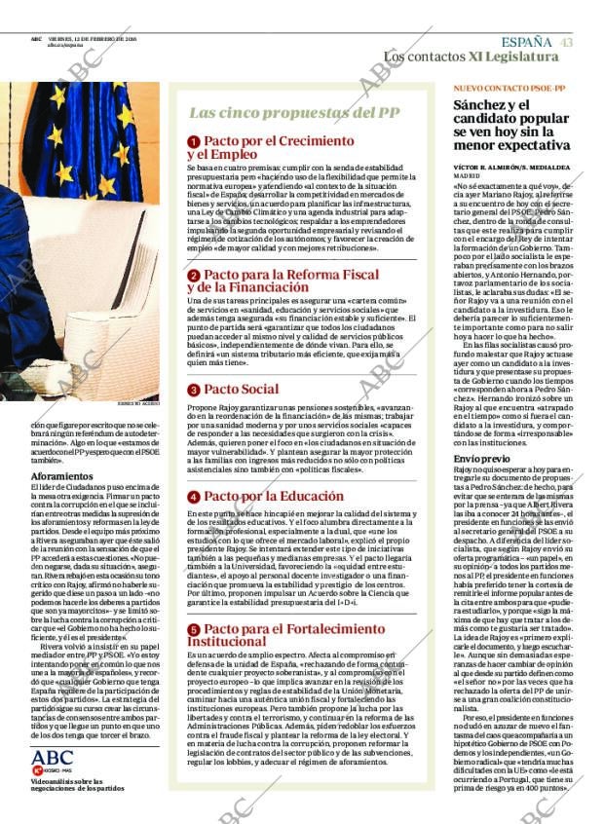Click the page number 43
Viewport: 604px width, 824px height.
pos(566,42)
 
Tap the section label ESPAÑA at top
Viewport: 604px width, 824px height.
pos(527,42)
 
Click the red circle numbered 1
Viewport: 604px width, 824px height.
pos(194,142)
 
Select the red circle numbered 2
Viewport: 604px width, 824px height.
pos(194,276)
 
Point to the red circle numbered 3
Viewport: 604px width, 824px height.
pos(194,390)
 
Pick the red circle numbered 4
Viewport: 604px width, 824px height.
pos(194,497)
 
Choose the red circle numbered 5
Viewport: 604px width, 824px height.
pos(194,630)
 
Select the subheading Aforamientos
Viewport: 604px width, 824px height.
pos(62,476)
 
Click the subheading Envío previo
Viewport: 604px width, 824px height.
pos(481,458)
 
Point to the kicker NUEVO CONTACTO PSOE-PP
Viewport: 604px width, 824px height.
pos(510,88)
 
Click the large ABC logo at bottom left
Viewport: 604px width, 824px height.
pos(53,758)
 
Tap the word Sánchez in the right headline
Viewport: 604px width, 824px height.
pos(484,104)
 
